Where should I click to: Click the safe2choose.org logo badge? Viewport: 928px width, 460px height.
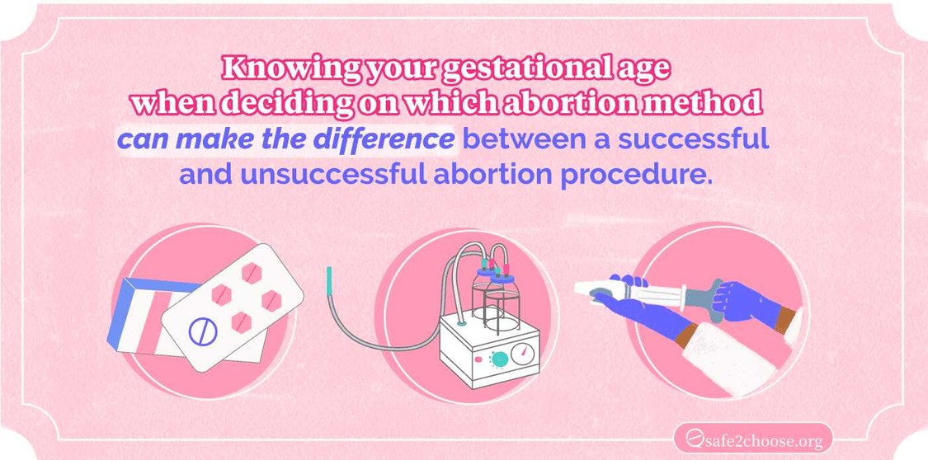coord(752,438)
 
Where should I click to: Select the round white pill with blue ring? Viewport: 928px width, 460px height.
coord(200,331)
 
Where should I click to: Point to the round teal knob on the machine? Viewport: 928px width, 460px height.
coord(495,359)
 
